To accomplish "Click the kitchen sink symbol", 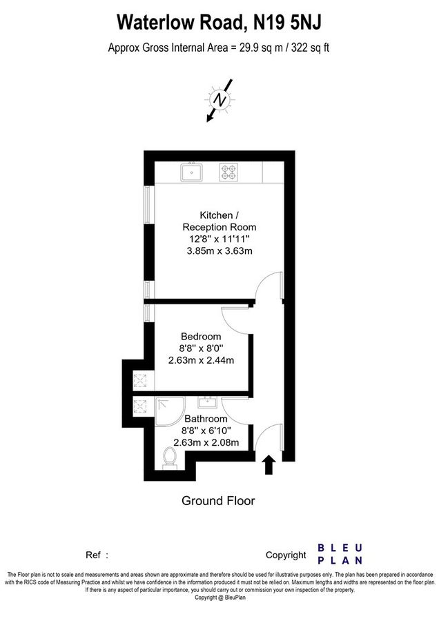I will pyautogui.click(x=191, y=171).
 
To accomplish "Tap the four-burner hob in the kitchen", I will pyautogui.click(x=228, y=171).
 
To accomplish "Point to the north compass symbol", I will pyautogui.click(x=220, y=100).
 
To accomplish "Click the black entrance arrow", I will pyautogui.click(x=269, y=464).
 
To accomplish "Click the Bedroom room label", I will pyautogui.click(x=202, y=336).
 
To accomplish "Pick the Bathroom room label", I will pyautogui.click(x=206, y=419).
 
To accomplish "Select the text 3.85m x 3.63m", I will pyautogui.click(x=219, y=251).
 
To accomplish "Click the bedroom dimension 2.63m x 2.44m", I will pyautogui.click(x=202, y=359).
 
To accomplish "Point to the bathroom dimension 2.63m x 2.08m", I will pyautogui.click(x=206, y=442).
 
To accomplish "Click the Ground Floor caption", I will pyautogui.click(x=217, y=500).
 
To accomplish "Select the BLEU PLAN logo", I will pyautogui.click(x=339, y=554).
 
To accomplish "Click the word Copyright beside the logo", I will pyautogui.click(x=285, y=555).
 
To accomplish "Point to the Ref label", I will pyautogui.click(x=93, y=555).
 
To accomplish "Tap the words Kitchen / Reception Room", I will pyautogui.click(x=219, y=221).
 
